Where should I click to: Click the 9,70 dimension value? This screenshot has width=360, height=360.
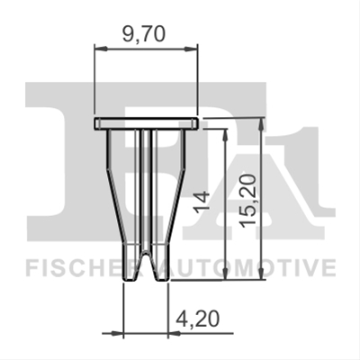coord(144,34)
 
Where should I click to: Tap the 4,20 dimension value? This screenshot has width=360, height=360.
coord(197,319)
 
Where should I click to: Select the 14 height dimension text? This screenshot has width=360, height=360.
coord(202,202)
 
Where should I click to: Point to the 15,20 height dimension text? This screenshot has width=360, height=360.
coord(248,201)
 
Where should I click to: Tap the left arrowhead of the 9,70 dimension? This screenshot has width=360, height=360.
coord(101,49)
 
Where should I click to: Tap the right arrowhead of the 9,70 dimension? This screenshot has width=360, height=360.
coord(191,49)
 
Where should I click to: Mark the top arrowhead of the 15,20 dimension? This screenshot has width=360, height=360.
coord(262,124)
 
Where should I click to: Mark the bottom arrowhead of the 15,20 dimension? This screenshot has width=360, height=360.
coord(262,274)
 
